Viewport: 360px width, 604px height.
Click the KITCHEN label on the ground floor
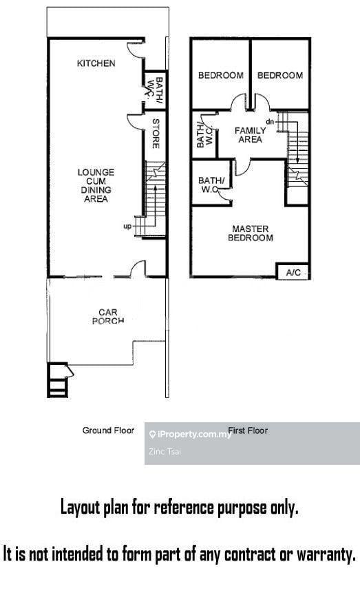pyautogui.click(x=96, y=63)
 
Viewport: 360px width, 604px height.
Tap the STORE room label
pyautogui.click(x=156, y=134)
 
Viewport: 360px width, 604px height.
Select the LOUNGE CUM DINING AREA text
pyautogui.click(x=96, y=185)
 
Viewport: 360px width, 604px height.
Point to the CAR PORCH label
pyautogui.click(x=108, y=316)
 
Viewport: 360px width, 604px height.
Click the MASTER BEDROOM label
pyautogui.click(x=251, y=233)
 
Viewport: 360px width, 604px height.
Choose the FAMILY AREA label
pyautogui.click(x=251, y=135)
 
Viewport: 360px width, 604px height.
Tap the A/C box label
pyautogui.click(x=293, y=273)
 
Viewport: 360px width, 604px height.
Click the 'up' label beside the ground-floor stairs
pyautogui.click(x=127, y=227)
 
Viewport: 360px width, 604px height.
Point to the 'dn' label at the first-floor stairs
pyautogui.click(x=270, y=122)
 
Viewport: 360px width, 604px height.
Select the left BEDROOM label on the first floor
pyautogui.click(x=221, y=75)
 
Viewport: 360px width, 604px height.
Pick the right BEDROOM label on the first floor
pyautogui.click(x=280, y=75)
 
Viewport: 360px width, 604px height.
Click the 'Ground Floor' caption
pyautogui.click(x=108, y=430)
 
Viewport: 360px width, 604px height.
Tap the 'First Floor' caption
pyautogui.click(x=248, y=430)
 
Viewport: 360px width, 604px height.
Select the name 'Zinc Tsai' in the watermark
pyautogui.click(x=165, y=452)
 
